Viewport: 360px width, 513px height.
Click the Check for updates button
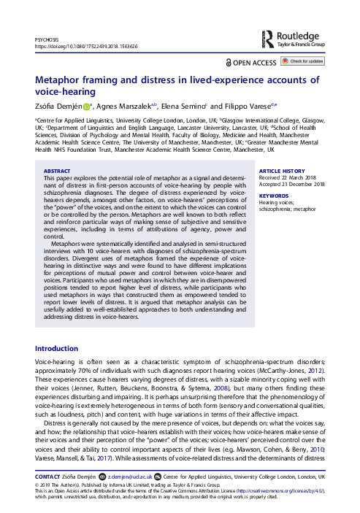point(305,61)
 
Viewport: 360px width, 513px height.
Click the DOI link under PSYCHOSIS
point(86,45)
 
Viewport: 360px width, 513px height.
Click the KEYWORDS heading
point(274,196)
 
